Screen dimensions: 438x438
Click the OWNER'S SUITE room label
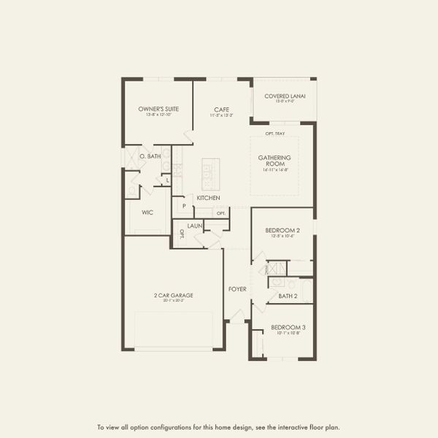click(158, 109)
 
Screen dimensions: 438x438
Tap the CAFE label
click(222, 109)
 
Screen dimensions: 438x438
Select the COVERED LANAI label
click(285, 96)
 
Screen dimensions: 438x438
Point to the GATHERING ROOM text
click(274, 161)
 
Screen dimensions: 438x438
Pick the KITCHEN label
click(208, 198)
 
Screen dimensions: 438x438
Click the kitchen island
click(211, 172)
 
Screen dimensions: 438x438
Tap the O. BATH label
click(151, 156)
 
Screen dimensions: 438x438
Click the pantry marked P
click(184, 207)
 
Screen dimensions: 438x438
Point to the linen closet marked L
click(167, 180)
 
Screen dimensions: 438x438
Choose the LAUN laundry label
click(194, 226)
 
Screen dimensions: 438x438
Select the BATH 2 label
click(288, 296)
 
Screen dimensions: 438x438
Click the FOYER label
click(237, 289)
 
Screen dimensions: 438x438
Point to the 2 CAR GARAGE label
click(169, 296)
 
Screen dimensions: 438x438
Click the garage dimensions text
click(169, 301)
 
